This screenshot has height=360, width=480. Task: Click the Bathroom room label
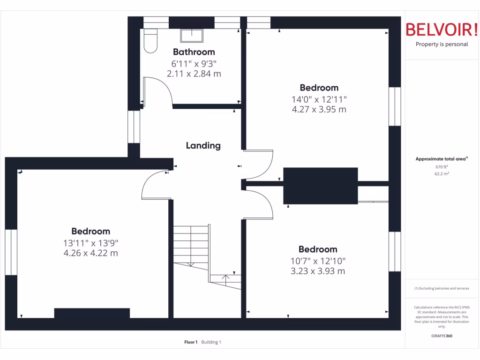click(x=194, y=52)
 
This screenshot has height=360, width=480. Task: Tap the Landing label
click(x=203, y=146)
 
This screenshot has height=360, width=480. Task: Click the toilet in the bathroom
click(x=150, y=40)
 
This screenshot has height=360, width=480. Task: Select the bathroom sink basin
click(x=192, y=36)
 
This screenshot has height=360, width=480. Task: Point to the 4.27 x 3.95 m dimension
click(x=319, y=110)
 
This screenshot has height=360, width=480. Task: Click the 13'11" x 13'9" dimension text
click(x=91, y=243)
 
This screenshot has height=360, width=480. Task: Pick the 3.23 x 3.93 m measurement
click(x=318, y=271)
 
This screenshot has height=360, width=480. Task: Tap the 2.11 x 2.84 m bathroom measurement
click(x=194, y=74)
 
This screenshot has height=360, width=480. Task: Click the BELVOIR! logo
click(x=442, y=30)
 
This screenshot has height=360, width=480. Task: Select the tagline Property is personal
click(x=442, y=45)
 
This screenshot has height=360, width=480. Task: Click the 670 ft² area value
click(x=442, y=167)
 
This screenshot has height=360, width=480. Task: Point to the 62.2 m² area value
click(x=442, y=173)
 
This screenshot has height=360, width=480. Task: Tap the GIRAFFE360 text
click(x=442, y=336)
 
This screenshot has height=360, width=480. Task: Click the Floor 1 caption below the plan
click(x=191, y=342)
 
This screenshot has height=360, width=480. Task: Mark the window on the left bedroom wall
click(x=11, y=252)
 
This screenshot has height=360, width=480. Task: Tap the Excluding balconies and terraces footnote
click(x=442, y=288)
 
